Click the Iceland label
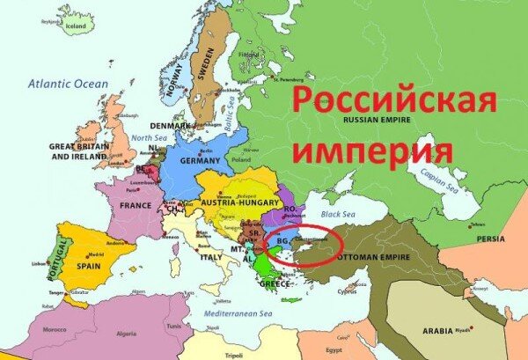(76, 27)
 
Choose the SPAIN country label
(89, 264)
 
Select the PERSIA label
(491, 239)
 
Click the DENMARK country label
(168, 125)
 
